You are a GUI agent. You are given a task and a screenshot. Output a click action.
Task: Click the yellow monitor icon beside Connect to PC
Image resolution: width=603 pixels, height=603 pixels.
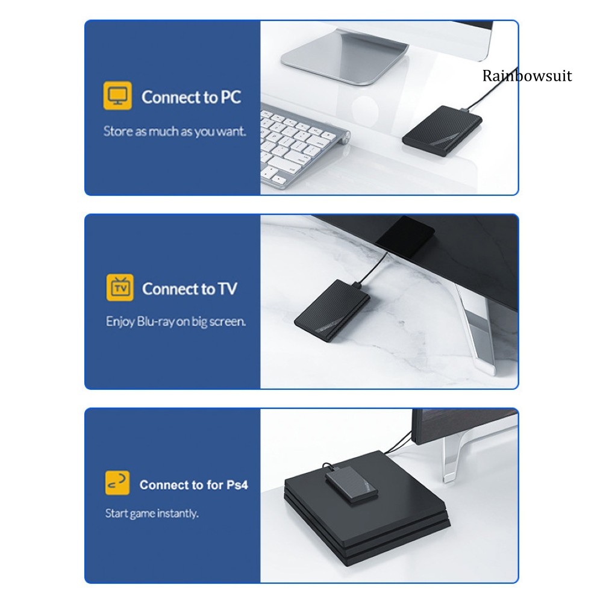click(117, 96)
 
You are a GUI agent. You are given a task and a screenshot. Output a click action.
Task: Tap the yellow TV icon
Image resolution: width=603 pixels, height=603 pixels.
click(119, 289)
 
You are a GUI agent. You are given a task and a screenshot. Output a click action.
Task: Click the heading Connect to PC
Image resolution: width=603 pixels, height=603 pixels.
click(191, 97)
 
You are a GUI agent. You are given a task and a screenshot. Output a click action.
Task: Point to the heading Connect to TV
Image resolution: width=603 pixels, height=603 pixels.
click(189, 289)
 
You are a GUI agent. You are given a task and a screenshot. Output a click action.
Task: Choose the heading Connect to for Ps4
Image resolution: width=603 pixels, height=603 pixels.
click(193, 484)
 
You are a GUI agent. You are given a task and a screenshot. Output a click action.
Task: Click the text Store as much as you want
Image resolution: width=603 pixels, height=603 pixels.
click(175, 131)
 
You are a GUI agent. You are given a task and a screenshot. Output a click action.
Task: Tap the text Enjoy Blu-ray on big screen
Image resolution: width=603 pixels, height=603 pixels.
click(176, 322)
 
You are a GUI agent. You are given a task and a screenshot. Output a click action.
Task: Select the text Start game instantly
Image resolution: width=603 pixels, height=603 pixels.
click(152, 513)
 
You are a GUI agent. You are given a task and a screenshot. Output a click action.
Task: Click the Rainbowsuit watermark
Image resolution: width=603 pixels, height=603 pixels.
click(526, 76)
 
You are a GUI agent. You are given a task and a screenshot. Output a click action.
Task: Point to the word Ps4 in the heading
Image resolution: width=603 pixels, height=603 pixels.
click(237, 485)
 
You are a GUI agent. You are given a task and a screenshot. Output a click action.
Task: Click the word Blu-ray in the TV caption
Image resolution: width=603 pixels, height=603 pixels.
click(155, 322)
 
